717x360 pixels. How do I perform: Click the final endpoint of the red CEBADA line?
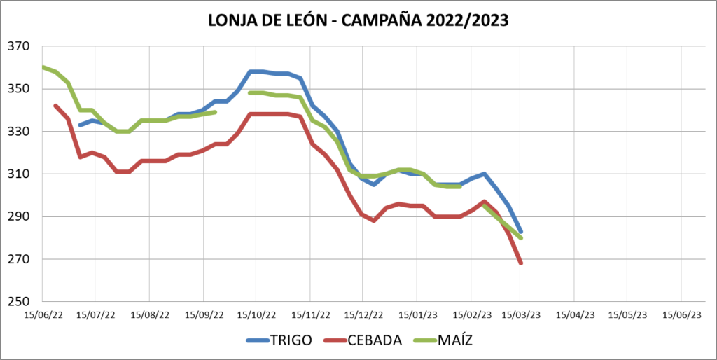coord(521,263)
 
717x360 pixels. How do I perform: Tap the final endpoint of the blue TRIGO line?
coord(521,231)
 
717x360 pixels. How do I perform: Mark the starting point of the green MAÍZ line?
coord(43,67)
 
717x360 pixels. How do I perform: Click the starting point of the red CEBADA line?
coord(55,106)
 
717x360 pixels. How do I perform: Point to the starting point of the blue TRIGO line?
coord(80,125)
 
